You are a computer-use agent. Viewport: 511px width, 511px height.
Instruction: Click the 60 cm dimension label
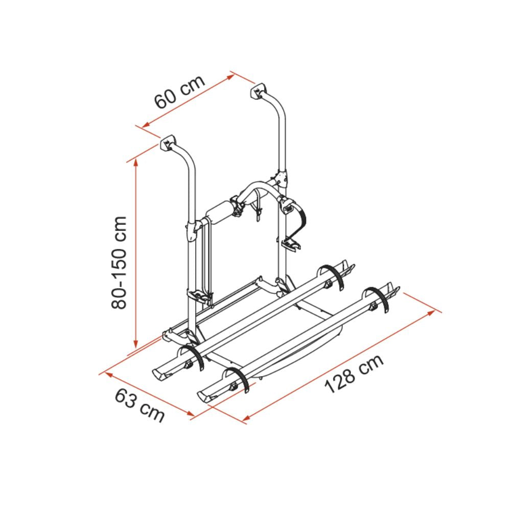point(179,92)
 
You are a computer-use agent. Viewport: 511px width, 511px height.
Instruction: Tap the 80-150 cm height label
point(119,262)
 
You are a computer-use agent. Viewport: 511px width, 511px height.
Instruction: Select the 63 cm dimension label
point(140,405)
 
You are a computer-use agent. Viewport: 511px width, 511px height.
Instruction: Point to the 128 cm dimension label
point(354,374)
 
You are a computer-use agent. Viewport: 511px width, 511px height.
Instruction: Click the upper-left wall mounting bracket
point(168,144)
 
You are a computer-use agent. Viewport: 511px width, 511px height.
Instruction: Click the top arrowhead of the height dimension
point(136,163)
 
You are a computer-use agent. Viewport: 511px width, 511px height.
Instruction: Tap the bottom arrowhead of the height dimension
point(136,343)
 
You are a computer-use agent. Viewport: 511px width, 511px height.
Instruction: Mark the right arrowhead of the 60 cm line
point(230,77)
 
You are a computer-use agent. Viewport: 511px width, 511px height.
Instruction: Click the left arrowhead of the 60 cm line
point(146,125)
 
